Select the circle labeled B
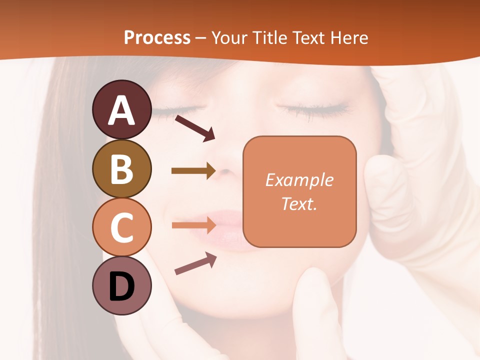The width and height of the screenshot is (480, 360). pyautogui.click(x=121, y=168)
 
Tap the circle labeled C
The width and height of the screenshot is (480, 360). pyautogui.click(x=121, y=227)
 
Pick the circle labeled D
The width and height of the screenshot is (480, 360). pyautogui.click(x=121, y=285)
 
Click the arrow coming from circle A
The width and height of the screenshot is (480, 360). pyautogui.click(x=194, y=127)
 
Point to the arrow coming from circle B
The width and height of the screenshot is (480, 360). pyautogui.click(x=193, y=171)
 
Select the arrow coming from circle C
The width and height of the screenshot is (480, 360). pyautogui.click(x=193, y=225)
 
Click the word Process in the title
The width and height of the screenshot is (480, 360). pyautogui.click(x=157, y=37)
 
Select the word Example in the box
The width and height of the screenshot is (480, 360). pyautogui.click(x=299, y=180)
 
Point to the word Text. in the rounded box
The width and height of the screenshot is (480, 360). pyautogui.click(x=299, y=203)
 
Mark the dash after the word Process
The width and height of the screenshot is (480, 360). pyautogui.click(x=201, y=38)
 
